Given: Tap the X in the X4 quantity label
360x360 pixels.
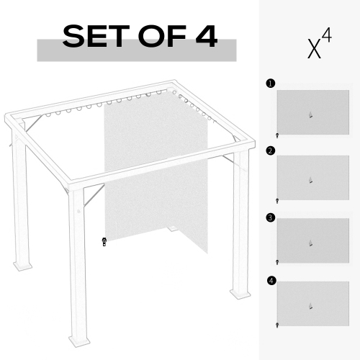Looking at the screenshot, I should click(314, 48).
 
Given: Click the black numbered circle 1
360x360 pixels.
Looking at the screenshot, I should click(270, 84).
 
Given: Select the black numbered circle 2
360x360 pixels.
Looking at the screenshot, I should click(270, 150).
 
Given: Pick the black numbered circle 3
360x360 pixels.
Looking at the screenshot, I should click(270, 216).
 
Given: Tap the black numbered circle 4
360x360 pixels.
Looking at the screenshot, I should click(270, 280).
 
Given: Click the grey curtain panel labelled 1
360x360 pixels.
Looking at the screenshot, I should click(312, 112).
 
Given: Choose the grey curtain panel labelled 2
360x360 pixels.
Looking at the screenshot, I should click(312, 178).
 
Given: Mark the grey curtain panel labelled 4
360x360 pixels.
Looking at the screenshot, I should click(312, 305).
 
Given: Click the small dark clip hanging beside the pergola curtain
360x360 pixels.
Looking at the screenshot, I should click(104, 242).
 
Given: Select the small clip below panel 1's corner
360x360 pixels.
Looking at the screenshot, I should click(277, 135).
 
